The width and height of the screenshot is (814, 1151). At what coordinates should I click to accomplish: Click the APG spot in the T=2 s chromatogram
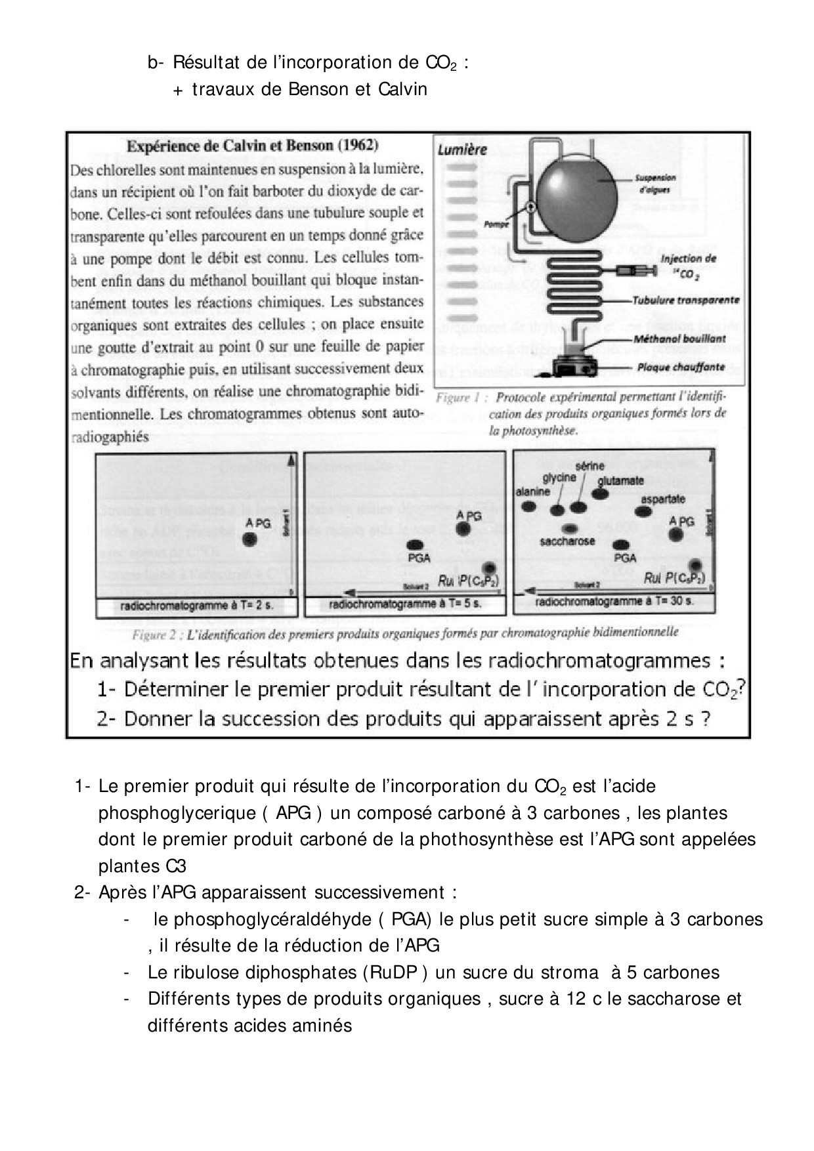tap(249, 539)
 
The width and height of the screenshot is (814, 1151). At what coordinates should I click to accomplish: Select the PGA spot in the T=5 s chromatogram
tap(416, 544)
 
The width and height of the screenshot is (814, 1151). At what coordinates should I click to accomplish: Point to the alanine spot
tap(529, 506)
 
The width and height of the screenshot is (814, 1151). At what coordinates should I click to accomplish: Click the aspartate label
tap(662, 499)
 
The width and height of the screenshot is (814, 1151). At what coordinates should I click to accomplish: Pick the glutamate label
tap(620, 480)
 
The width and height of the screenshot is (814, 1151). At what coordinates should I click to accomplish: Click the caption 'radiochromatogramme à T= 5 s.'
tap(405, 604)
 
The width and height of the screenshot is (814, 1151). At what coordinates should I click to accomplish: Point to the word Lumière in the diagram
tap(462, 150)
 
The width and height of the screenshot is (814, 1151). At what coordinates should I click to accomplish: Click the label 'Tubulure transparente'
tap(685, 301)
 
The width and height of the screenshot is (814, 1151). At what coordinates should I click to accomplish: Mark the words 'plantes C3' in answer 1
tap(142, 866)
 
